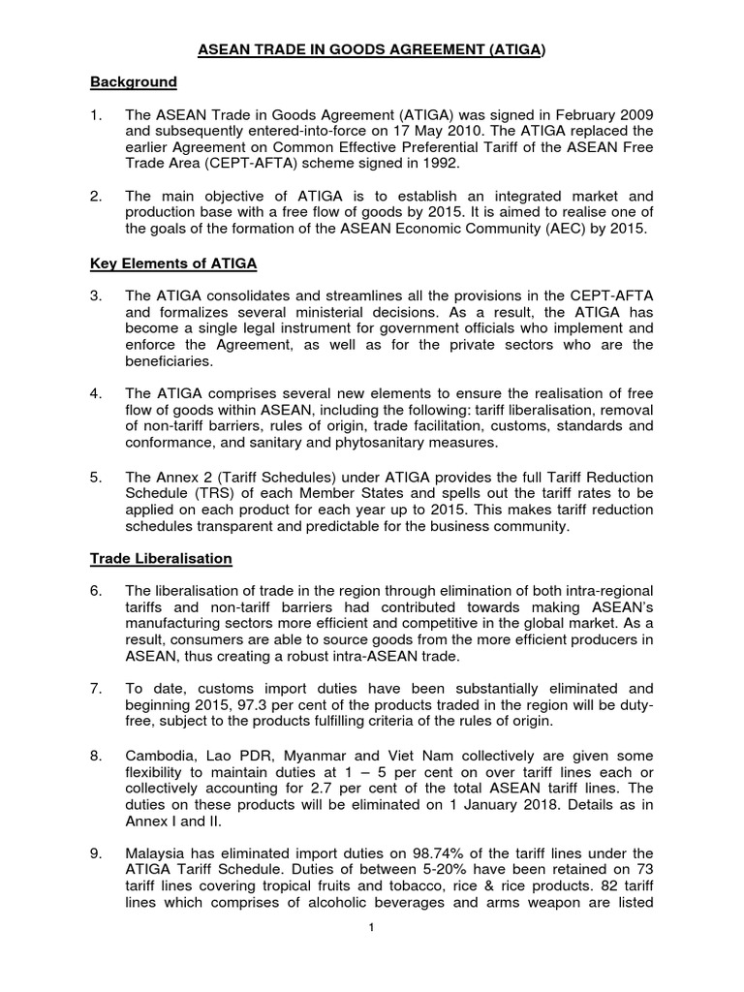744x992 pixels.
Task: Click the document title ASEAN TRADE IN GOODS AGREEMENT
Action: [x=371, y=46]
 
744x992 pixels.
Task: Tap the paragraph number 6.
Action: [x=96, y=590]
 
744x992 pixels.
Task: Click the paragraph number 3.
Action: [x=96, y=295]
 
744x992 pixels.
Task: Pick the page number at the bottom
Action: [x=371, y=928]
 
